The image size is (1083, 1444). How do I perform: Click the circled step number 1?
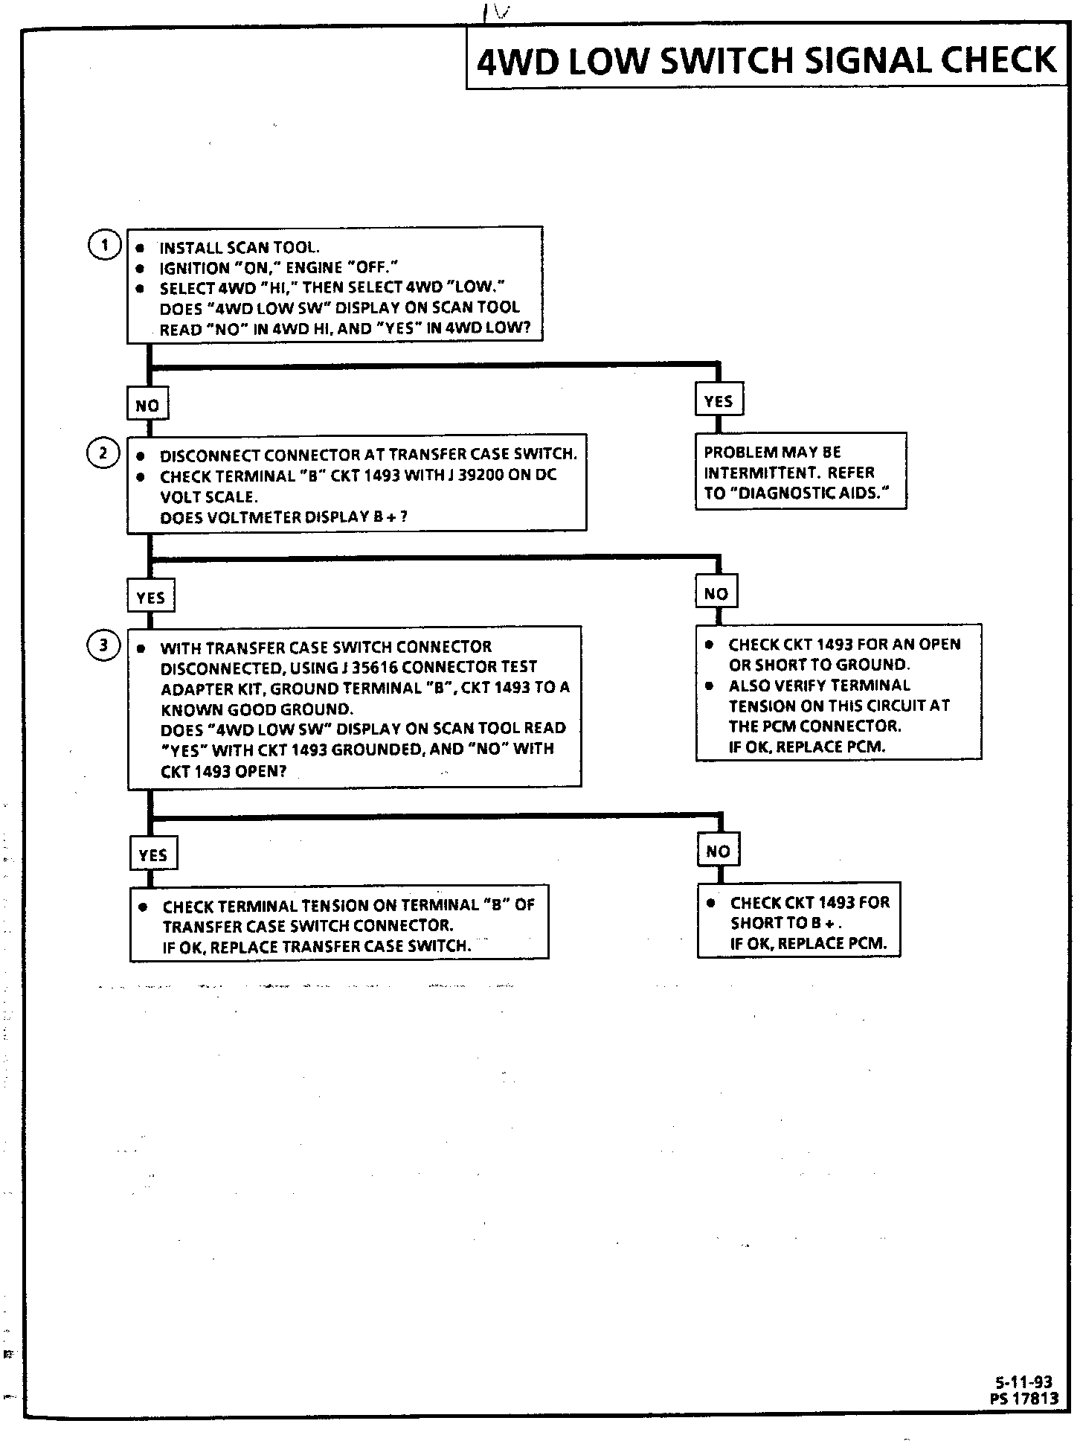coord(104,246)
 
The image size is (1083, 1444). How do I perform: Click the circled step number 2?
coord(103,453)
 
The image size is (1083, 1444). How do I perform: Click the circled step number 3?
coord(103,645)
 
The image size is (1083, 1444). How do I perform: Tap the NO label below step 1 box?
coord(147,406)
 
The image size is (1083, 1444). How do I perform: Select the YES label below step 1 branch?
coord(719,401)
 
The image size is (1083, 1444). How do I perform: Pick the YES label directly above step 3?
coord(151,598)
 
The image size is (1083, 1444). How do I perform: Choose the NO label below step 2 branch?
coord(716,593)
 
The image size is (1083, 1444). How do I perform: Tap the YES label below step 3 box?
coord(152,855)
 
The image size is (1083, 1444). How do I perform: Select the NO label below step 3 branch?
coord(718,851)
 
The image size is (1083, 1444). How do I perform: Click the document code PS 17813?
coord(1023,1399)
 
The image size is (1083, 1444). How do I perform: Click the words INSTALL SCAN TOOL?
coord(240,248)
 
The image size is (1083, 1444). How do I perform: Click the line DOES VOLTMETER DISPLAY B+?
coord(283,517)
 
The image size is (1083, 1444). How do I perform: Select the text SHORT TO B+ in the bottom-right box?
coord(785,923)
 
